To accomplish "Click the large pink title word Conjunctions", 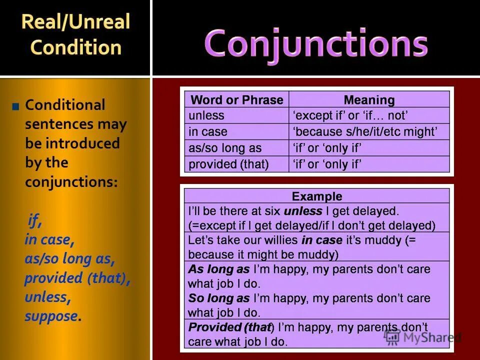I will [x=315, y=43].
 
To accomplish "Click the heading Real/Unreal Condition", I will [x=75, y=34].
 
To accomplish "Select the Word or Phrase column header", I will [x=236, y=99].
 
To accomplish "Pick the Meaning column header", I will [x=369, y=99].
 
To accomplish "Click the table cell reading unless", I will [x=206, y=116].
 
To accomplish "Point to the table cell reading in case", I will [x=208, y=132].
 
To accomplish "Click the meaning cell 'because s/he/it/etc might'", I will [x=365, y=132].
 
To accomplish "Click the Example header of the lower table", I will [x=317, y=196].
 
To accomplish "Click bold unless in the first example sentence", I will [x=303, y=211].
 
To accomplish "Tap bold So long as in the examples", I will [x=218, y=298].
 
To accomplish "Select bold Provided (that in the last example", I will [x=229, y=327].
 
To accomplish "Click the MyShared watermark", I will [x=422, y=337].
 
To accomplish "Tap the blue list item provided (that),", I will [x=77, y=278].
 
